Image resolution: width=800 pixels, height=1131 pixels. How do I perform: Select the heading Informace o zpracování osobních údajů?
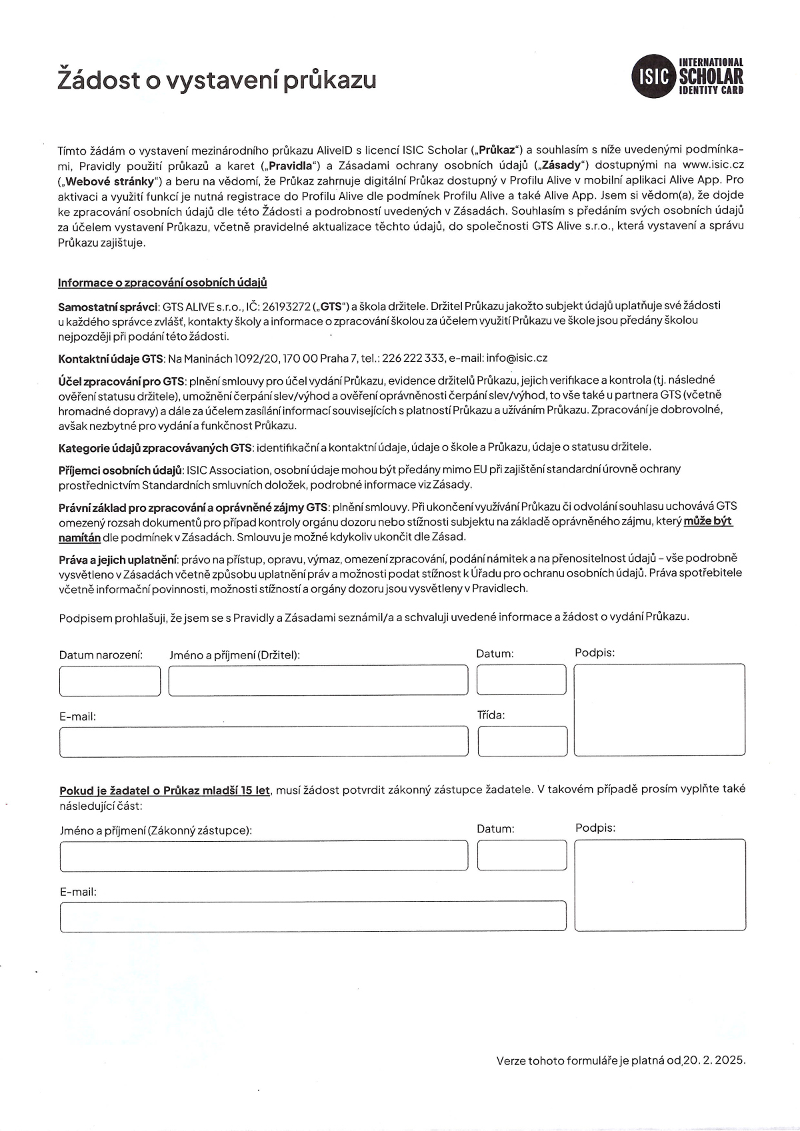(162, 283)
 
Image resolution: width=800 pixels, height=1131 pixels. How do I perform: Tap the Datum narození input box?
(110, 680)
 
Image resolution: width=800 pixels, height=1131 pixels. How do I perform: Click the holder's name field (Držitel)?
(318, 680)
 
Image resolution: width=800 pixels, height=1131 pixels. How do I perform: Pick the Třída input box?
(523, 741)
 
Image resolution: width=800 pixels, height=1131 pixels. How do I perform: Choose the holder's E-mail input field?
(263, 742)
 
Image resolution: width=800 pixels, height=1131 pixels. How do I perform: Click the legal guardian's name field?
(263, 856)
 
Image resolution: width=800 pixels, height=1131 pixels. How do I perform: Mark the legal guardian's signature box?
(660, 885)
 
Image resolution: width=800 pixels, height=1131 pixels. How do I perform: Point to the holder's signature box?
(659, 710)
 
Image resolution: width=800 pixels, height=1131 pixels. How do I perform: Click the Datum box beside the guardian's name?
(522, 856)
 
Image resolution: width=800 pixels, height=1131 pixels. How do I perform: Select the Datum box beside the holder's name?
(521, 680)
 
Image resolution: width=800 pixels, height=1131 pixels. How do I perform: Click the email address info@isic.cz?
(517, 358)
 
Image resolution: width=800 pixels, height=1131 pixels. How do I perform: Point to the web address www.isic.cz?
(713, 165)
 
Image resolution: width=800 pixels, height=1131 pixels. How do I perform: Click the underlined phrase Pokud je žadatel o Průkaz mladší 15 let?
(165, 790)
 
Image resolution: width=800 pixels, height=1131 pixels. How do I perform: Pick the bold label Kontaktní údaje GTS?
(111, 359)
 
